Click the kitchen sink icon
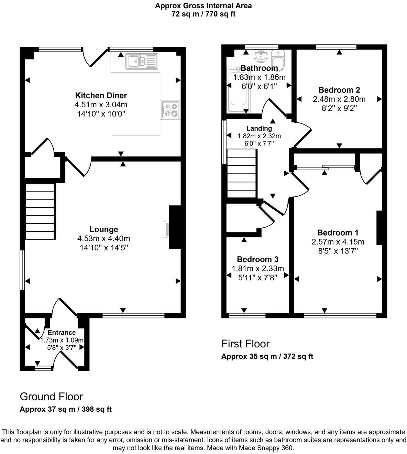(141, 62)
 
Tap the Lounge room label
(103, 229)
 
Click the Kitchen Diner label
(101, 95)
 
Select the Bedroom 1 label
(338, 233)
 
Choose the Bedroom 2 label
(339, 90)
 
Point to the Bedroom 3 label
(257, 259)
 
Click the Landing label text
(259, 128)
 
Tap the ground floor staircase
(40, 212)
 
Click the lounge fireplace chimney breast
(175, 227)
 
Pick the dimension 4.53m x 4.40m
(103, 238)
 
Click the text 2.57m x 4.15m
(338, 242)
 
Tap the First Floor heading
(245, 344)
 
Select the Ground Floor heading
(51, 397)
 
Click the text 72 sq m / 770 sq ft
(203, 14)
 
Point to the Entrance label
(62, 333)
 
